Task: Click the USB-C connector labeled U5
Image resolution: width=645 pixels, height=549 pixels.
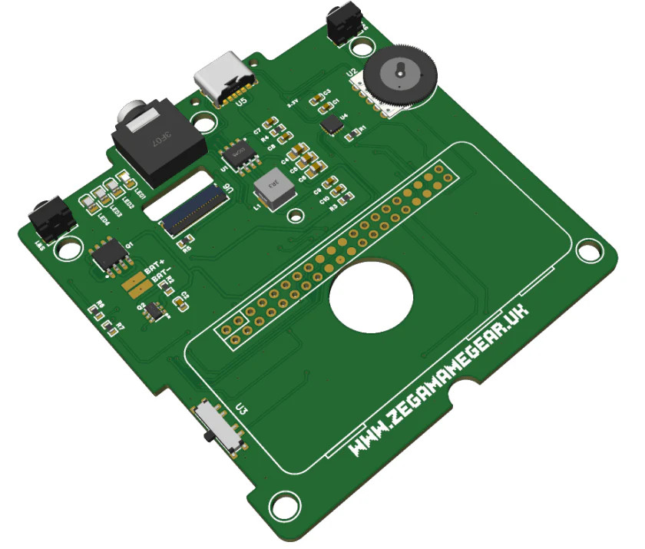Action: click(223, 77)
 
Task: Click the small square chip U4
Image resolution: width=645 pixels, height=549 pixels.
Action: click(332, 124)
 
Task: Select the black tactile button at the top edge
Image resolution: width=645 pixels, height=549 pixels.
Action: click(342, 24)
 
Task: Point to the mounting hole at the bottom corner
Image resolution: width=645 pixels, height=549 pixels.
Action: click(286, 508)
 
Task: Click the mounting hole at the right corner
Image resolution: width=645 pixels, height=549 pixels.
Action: click(589, 250)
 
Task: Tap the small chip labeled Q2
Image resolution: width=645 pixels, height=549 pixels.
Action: click(156, 310)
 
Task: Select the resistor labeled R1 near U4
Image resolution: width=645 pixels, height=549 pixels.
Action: click(354, 134)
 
